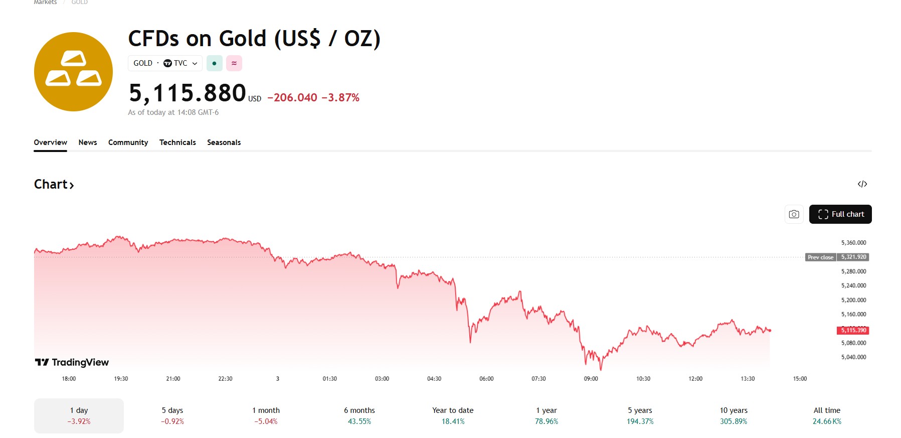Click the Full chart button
(840, 214)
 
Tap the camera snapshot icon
(794, 214)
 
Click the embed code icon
(862, 184)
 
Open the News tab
(88, 142)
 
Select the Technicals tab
(177, 142)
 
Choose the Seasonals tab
(224, 142)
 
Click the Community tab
(128, 142)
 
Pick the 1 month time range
(266, 415)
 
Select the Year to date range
(453, 415)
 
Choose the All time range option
(827, 415)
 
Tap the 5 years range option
(640, 415)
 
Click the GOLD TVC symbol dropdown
(165, 63)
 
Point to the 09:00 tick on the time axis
(591, 379)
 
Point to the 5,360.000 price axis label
(853, 243)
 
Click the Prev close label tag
(820, 257)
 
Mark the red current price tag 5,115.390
(853, 330)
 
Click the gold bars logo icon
(73, 72)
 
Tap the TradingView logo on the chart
(72, 362)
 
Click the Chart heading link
(54, 185)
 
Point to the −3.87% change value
(340, 98)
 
